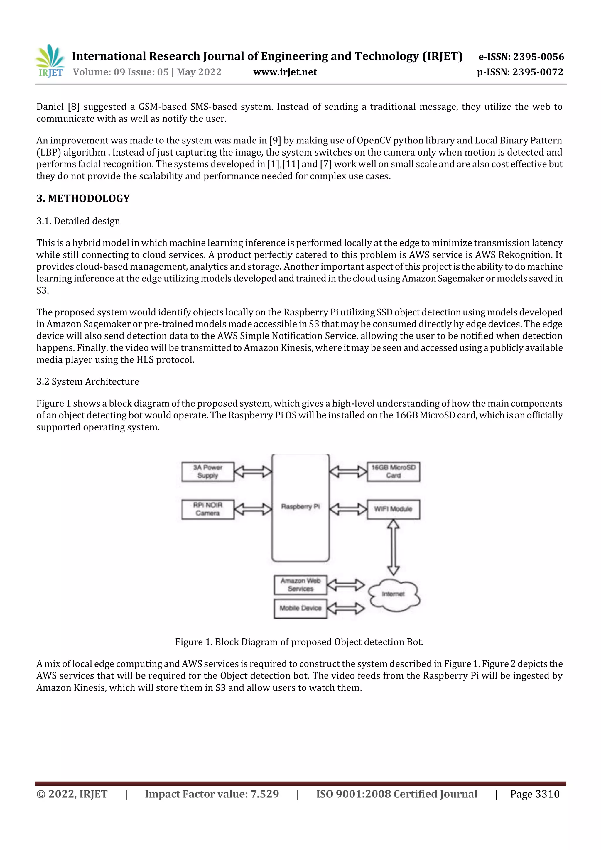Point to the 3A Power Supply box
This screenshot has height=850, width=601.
click(x=208, y=471)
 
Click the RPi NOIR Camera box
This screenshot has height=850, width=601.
click(x=208, y=509)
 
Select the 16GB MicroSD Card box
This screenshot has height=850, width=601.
click(x=393, y=471)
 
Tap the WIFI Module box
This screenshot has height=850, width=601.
click(x=393, y=509)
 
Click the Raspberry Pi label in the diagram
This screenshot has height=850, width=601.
click(x=300, y=506)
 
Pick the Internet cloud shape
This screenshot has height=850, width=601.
click(x=394, y=594)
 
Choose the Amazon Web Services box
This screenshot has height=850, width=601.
click(x=300, y=584)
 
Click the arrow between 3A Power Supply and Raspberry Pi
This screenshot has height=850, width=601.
click(x=253, y=471)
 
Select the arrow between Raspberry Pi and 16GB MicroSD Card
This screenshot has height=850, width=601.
click(x=348, y=471)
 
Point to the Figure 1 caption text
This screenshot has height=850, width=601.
click(x=299, y=642)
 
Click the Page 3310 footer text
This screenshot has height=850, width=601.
click(x=535, y=794)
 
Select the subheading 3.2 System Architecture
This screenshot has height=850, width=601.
click(x=88, y=382)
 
